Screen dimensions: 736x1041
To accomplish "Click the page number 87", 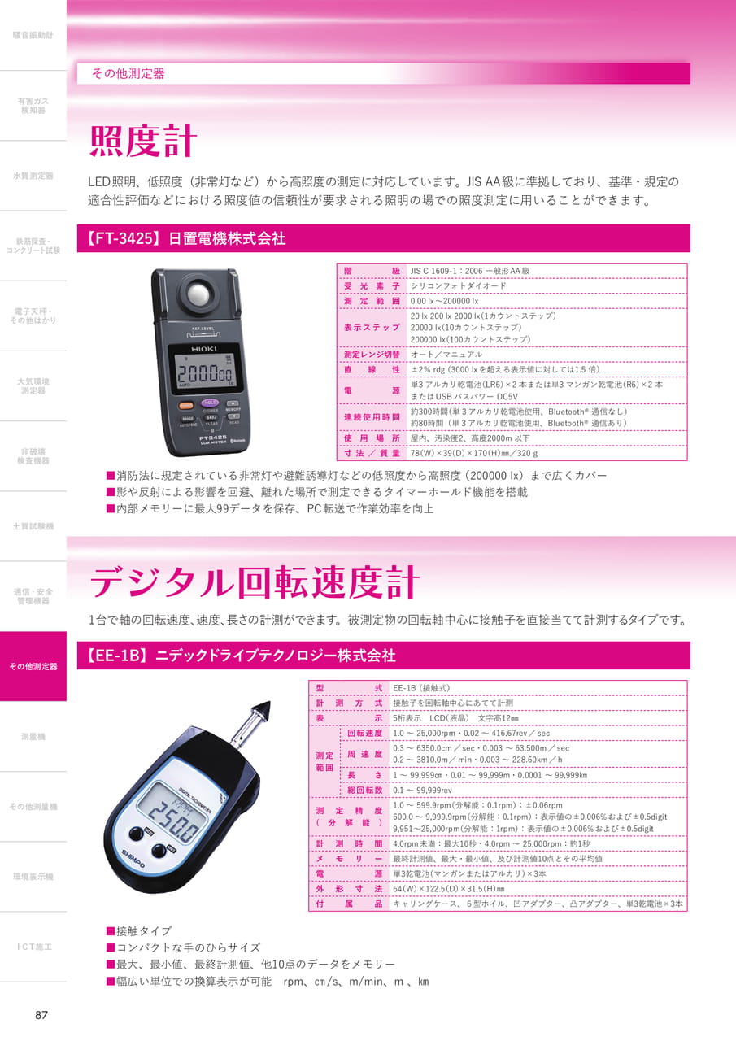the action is point(41,1014).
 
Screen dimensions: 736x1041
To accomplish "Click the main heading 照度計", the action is point(143,141).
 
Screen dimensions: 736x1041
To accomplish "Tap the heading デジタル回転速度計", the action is point(255,581).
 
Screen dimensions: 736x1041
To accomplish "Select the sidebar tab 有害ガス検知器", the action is point(33,106).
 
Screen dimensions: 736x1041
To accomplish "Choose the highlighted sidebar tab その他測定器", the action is point(33,666).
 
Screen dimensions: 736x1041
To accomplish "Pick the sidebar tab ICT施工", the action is point(34,947).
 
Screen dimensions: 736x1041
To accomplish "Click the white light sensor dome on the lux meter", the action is point(198,294).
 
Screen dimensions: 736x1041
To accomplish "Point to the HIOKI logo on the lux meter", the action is point(203,349).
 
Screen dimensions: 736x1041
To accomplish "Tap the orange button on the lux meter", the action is point(186,405).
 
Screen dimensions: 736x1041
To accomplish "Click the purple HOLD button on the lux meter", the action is point(210,403).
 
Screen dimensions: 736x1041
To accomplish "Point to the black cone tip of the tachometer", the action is point(261,710).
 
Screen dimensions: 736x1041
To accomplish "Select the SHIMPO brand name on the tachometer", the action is point(133,860).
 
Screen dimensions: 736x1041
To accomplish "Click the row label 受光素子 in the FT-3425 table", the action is point(372,285).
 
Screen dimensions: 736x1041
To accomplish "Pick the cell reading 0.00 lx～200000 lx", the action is point(444,301).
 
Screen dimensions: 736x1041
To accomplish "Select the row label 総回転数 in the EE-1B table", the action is point(365,790).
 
